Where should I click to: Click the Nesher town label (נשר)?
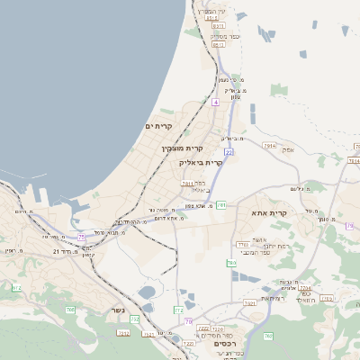click(x=119, y=310)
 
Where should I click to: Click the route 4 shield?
click(x=216, y=103)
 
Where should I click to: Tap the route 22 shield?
click(x=229, y=152)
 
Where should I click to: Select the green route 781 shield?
click(x=220, y=205)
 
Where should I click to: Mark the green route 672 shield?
click(x=15, y=288)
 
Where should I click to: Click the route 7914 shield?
click(x=270, y=144)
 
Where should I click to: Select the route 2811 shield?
click(x=187, y=183)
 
